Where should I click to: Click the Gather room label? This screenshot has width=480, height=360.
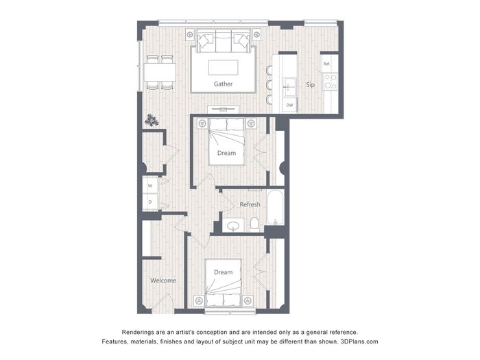click(x=223, y=84)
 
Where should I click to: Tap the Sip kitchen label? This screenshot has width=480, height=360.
click(x=310, y=85)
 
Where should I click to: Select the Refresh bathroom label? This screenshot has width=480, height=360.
click(x=250, y=204)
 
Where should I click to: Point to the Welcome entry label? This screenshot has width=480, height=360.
click(x=163, y=280)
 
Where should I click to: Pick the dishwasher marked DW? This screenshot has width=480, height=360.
click(x=289, y=105)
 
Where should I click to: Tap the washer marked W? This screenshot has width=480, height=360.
click(x=150, y=186)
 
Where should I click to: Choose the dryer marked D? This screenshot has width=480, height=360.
click(x=150, y=202)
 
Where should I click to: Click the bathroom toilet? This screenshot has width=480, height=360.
click(x=254, y=224)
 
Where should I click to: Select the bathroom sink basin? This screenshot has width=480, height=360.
click(x=234, y=226)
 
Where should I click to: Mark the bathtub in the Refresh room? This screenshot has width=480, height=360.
click(x=276, y=208)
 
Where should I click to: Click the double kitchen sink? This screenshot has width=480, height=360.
click(x=289, y=86)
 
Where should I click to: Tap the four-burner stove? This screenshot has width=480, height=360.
click(x=331, y=82)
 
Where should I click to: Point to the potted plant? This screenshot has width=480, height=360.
click(x=152, y=120)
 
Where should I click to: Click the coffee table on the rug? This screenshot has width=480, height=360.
click(x=223, y=67)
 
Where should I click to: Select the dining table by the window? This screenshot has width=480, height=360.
click(x=160, y=72)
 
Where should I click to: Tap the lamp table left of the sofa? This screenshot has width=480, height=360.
click(x=190, y=34)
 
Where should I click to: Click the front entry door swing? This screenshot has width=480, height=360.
click(x=163, y=303)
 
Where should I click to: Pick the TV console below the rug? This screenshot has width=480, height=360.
click(x=223, y=109)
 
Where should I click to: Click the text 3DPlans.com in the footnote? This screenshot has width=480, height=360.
click(x=359, y=341)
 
